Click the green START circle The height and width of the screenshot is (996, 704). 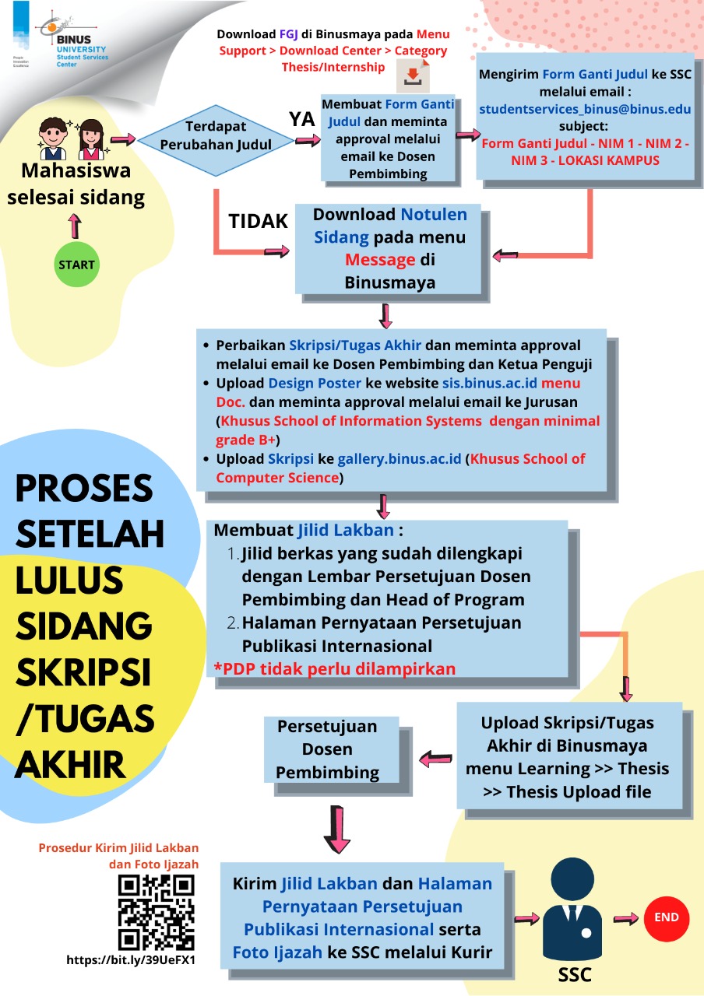(76, 265)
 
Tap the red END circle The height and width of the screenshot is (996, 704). (666, 917)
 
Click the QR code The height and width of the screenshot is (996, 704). (156, 912)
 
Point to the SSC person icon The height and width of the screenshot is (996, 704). (574, 910)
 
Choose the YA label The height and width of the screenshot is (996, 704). (302, 119)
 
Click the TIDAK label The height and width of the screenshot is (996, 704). (259, 222)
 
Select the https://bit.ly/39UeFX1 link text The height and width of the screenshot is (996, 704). (131, 960)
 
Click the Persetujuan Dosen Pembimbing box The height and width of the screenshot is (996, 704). (328, 749)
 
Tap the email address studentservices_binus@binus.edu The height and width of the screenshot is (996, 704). (585, 109)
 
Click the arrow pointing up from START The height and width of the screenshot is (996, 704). (75, 226)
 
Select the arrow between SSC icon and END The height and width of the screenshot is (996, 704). (624, 918)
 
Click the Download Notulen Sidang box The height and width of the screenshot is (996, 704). (389, 248)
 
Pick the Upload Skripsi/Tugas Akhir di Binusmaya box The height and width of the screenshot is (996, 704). (567, 757)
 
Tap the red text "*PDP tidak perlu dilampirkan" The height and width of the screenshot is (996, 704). (335, 668)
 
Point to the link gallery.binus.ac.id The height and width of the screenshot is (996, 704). (400, 459)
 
